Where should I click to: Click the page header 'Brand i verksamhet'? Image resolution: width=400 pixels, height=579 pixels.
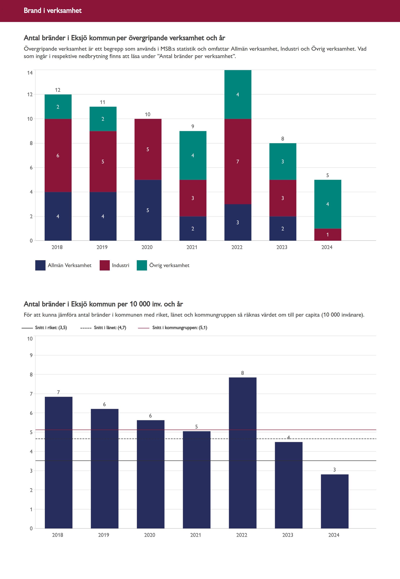[x=53, y=10]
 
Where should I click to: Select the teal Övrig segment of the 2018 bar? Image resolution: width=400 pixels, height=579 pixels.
[x=58, y=107]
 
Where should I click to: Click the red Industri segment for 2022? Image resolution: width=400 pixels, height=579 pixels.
[x=238, y=161]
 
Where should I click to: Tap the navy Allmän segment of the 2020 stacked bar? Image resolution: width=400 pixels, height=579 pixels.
[x=148, y=210]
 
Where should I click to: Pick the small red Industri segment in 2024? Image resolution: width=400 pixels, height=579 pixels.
[x=327, y=235]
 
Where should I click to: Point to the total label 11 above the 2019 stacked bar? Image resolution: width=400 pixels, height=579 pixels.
[x=103, y=102]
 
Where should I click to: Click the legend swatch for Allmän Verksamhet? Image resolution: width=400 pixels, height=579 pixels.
[x=40, y=265]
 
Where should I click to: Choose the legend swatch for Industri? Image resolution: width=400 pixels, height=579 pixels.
[x=105, y=265]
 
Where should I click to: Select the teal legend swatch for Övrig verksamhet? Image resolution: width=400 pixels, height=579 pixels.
[x=142, y=265]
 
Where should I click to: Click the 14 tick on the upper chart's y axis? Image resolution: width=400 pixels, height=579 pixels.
[x=30, y=73]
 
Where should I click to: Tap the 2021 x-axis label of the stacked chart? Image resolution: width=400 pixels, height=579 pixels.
[x=192, y=247]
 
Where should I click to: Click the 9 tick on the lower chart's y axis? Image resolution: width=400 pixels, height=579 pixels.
[x=31, y=355]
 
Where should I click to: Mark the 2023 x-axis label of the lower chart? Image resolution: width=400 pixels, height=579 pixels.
[x=288, y=535]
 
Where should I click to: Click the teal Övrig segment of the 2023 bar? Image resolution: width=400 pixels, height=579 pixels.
[x=283, y=161]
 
